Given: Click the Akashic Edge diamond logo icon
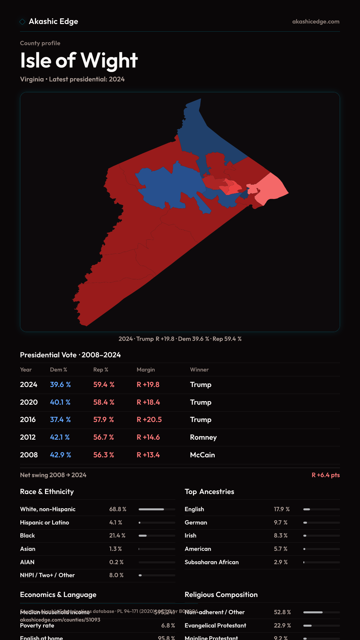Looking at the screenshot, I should coord(22,22).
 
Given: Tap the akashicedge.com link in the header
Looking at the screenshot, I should coord(316,22).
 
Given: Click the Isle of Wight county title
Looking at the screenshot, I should coord(79,60).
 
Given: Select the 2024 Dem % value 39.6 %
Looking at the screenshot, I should coord(60,385).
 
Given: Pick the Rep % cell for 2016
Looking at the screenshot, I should coord(104,420).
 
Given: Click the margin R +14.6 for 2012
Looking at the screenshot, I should coord(148,437).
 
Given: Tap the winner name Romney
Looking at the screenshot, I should coord(203,437).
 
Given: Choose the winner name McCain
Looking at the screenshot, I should coord(202,455).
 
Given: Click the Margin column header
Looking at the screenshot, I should coord(146,370).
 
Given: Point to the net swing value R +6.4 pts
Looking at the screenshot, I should coord(326,475).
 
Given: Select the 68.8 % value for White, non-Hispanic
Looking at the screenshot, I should coord(118,509).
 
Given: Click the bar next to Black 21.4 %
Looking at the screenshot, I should coord(157,536).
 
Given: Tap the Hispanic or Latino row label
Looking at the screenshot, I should coord(44,523).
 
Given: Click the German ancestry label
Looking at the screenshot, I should coord(196,523).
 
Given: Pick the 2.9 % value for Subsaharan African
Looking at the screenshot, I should coord(281,562).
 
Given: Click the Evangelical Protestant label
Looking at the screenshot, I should coord(215,626).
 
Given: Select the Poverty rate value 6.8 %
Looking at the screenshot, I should coord(168,626).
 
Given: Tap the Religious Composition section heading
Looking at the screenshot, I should coord(221,595).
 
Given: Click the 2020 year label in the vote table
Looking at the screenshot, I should coord(29,402).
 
